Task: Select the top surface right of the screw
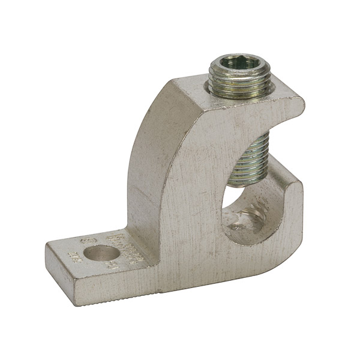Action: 282,96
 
